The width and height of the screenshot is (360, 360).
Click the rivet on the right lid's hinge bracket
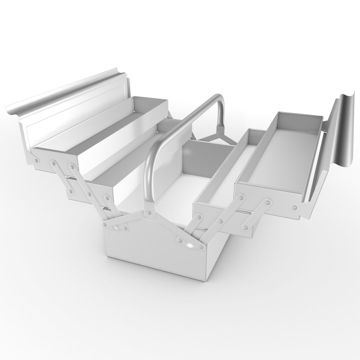(295, 208)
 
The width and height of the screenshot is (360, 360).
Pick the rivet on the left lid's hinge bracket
(37, 161)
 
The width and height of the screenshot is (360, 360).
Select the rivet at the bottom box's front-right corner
(201, 247)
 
